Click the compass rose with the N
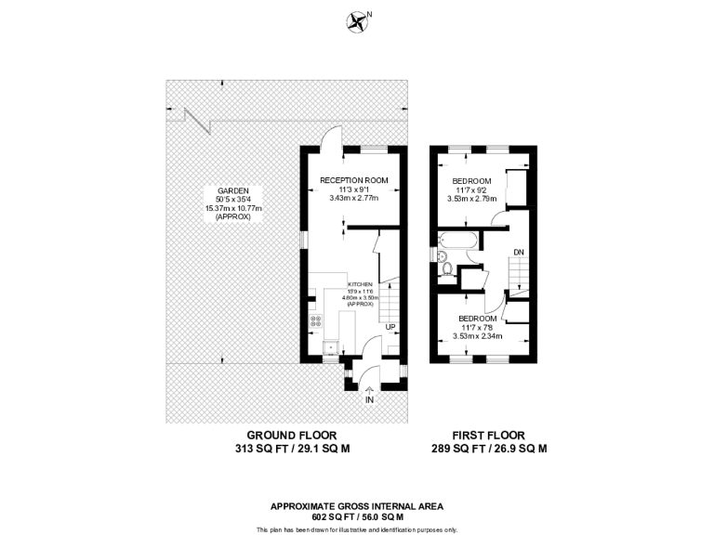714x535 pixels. click(x=356, y=19)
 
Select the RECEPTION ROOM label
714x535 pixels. click(x=353, y=179)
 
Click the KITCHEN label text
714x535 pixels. click(x=360, y=283)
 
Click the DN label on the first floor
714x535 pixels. click(x=518, y=252)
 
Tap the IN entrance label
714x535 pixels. click(x=370, y=399)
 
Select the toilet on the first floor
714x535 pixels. click(x=448, y=270)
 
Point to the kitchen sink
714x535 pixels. click(x=328, y=347)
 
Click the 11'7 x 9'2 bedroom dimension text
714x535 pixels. click(x=471, y=189)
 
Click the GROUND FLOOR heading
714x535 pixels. click(x=291, y=435)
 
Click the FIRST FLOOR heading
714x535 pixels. click(x=488, y=435)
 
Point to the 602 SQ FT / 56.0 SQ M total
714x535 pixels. click(x=356, y=516)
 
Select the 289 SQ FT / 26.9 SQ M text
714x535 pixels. click(x=488, y=448)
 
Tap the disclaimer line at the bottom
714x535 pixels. click(x=356, y=528)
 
